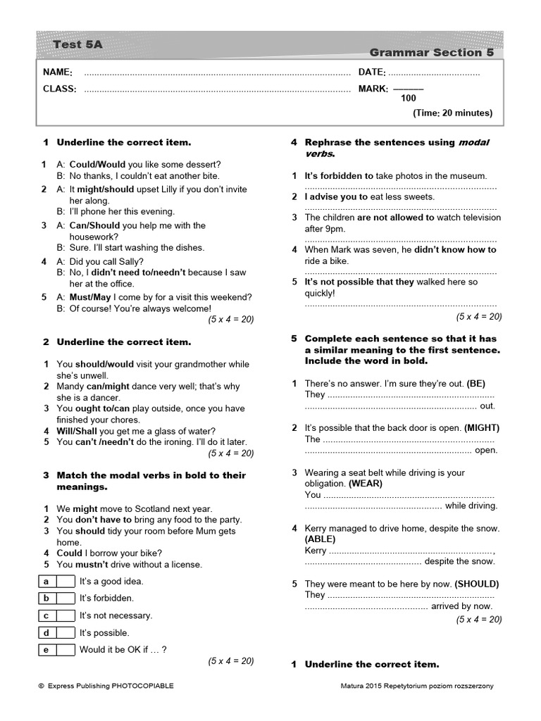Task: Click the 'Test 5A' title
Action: coord(77,44)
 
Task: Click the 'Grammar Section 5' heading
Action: coord(431,52)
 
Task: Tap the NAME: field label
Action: coord(57,73)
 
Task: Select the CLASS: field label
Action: coord(59,89)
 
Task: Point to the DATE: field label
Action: coord(372,73)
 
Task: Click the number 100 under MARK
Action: coord(409,99)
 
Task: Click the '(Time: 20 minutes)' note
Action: coord(452,113)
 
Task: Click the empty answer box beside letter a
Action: coord(66,582)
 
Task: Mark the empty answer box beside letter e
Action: coord(66,650)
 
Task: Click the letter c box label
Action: coord(46,615)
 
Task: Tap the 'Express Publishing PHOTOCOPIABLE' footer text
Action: coord(104,686)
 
